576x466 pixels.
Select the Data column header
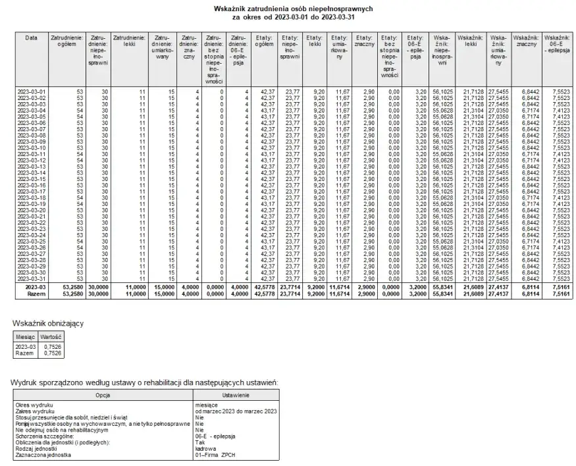pyautogui.click(x=31, y=38)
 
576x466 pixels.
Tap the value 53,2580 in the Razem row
pyautogui.click(x=70, y=294)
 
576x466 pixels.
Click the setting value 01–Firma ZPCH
pyautogui.click(x=215, y=455)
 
